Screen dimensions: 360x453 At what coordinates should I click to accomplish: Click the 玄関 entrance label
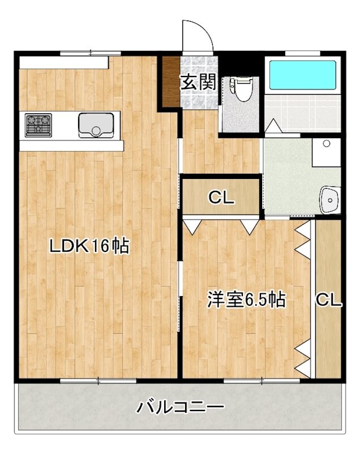[x=198, y=82]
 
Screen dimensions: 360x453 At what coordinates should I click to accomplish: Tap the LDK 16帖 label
[x=89, y=246]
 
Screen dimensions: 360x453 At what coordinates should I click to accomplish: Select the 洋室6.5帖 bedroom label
[x=246, y=300]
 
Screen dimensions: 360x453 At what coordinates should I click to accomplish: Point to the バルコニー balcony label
[x=180, y=407]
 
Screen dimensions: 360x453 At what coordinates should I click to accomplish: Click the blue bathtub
[x=303, y=75]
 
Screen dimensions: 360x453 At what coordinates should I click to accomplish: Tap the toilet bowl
[x=242, y=89]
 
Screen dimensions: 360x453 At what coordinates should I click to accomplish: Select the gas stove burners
[x=38, y=125]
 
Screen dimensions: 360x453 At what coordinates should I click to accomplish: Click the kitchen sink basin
[x=96, y=125]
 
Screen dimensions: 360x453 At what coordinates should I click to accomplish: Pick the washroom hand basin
[x=330, y=200]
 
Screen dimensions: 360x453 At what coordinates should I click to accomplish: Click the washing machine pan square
[x=326, y=152]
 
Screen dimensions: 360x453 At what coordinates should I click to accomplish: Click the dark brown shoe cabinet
[x=171, y=82]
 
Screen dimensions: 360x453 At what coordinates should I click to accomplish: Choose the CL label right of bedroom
[x=328, y=300]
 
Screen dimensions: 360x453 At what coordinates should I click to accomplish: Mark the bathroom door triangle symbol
[x=273, y=126]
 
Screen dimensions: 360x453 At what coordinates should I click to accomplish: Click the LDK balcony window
[x=98, y=381]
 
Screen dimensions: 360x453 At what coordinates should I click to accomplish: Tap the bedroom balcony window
[x=262, y=381]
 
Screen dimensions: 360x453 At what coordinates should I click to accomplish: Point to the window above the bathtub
[x=303, y=53]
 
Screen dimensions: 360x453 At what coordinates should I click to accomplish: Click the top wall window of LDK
[x=91, y=53]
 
